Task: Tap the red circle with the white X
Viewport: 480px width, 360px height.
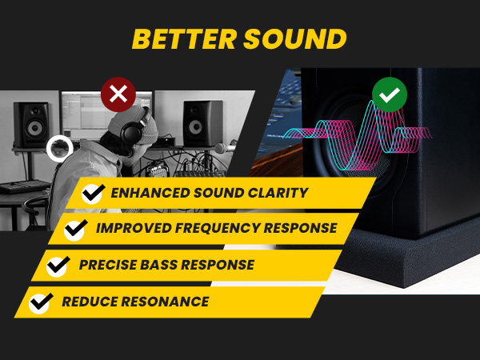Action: pos(118,95)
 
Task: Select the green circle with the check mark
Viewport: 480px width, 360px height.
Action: pos(390,96)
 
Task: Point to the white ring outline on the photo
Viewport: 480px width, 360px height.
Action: pos(59,148)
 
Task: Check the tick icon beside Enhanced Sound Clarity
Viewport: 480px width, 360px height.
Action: pos(94,193)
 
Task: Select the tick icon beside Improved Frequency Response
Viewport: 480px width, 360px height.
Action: pos(76,230)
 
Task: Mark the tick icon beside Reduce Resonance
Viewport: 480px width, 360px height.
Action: pos(40,302)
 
